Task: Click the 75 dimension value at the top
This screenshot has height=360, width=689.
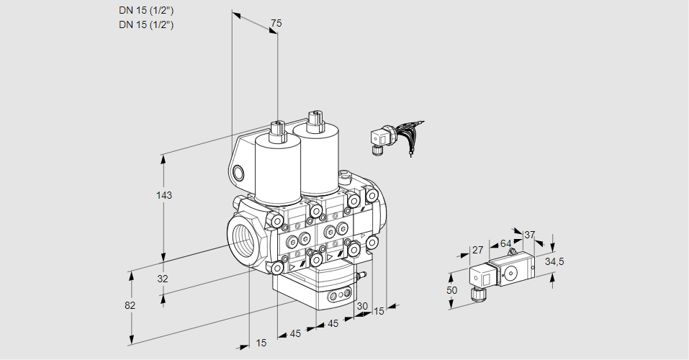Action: [x=275, y=24]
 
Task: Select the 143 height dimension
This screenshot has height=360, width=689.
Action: [x=166, y=195]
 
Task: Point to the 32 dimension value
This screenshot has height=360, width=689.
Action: [x=162, y=279]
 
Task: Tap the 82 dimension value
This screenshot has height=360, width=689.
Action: [x=130, y=305]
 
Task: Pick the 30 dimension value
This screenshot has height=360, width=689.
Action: [x=362, y=305]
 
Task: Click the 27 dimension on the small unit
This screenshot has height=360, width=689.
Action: [x=477, y=251]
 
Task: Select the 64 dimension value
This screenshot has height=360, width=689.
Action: [x=505, y=243]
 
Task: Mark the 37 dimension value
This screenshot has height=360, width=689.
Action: [x=530, y=235]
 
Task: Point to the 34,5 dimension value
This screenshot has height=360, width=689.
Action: [x=554, y=261]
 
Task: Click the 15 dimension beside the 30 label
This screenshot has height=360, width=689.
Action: [x=379, y=310]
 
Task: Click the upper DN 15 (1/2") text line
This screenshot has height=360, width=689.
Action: [x=146, y=11]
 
